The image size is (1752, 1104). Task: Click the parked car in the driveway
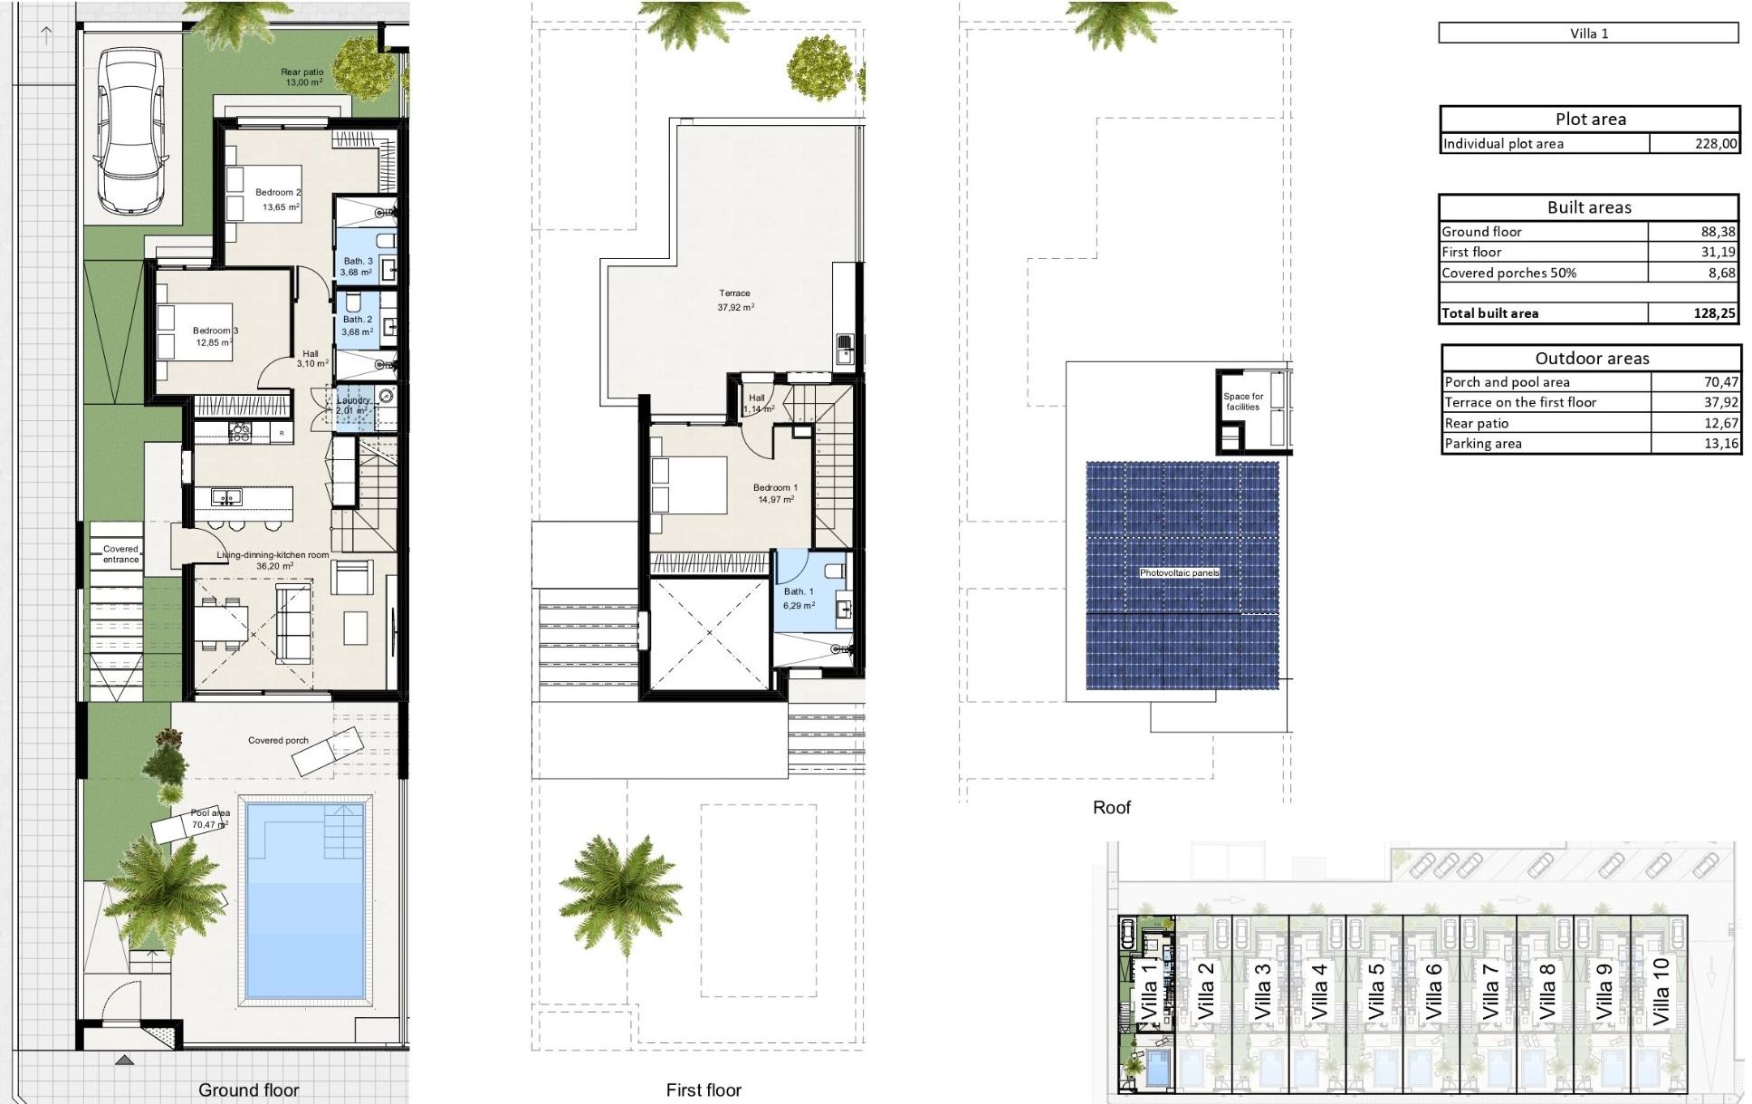132,131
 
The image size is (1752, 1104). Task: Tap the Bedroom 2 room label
277,193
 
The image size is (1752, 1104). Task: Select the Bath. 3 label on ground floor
358,261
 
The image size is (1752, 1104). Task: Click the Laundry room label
353,400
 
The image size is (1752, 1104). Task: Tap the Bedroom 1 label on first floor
775,488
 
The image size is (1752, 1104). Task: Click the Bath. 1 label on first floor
799,591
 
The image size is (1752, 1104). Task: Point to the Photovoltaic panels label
1179,572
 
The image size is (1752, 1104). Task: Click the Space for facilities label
1243,401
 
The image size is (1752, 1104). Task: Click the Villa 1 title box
1588,34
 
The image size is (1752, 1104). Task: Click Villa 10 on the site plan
1661,992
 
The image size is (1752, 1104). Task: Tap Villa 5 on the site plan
1375,992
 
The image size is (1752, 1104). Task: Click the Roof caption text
1111,807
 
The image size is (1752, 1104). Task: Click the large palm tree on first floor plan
620,892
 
